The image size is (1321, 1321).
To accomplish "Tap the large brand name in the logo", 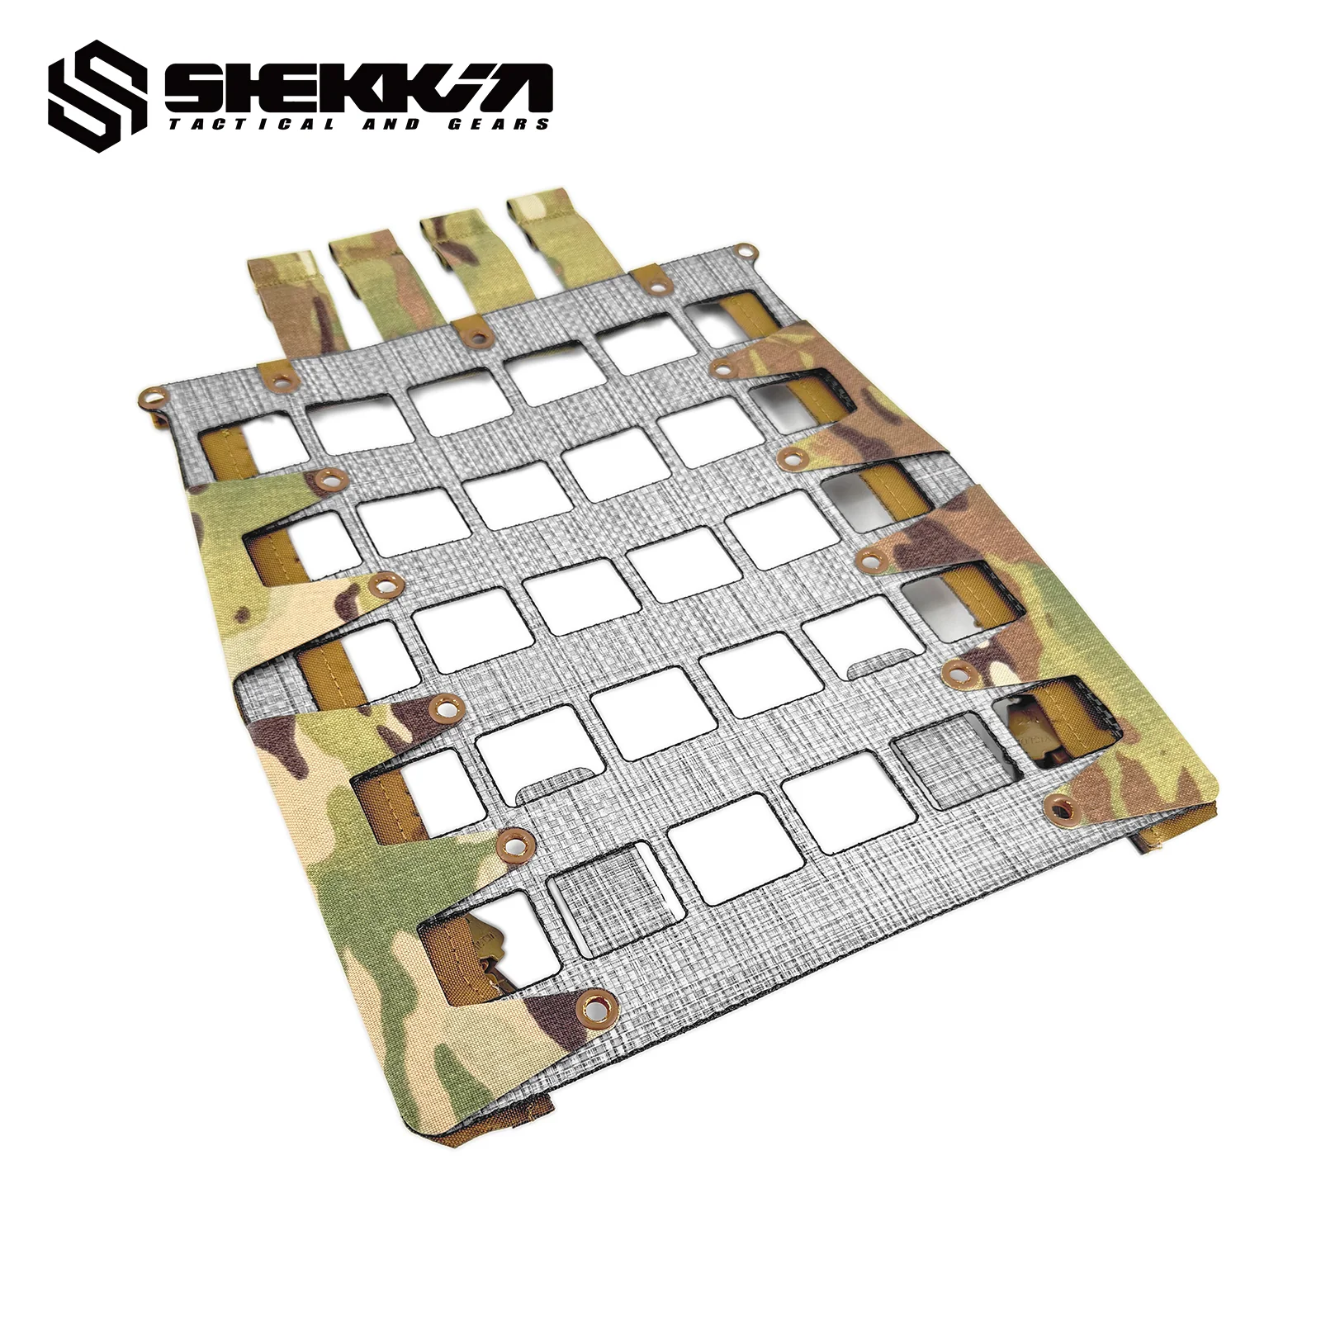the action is pos(357,87).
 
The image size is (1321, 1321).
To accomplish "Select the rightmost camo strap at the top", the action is pos(550,231).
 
